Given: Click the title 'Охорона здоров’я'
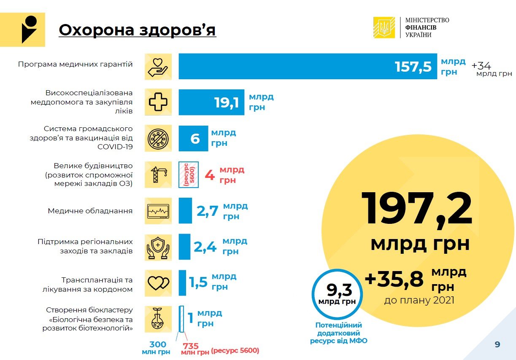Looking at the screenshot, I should pyautogui.click(x=137, y=30).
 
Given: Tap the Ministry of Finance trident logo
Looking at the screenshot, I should pyautogui.click(x=384, y=27).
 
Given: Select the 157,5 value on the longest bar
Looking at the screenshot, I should pyautogui.click(x=413, y=67).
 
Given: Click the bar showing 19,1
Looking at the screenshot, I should pyautogui.click(x=211, y=102).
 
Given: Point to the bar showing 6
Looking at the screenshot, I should pyautogui.click(x=193, y=138).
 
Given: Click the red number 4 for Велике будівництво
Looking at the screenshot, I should pyautogui.click(x=210, y=175).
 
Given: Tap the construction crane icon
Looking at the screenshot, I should pyautogui.click(x=158, y=175).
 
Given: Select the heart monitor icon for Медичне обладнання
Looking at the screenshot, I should pyautogui.click(x=158, y=211).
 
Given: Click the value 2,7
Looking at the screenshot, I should pyautogui.click(x=207, y=211).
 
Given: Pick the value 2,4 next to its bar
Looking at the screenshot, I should pyautogui.click(x=205, y=247).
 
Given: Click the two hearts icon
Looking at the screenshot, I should pyautogui.click(x=158, y=283).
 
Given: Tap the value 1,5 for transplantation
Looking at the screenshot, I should pyautogui.click(x=198, y=282).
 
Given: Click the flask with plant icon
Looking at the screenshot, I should pyautogui.click(x=158, y=320).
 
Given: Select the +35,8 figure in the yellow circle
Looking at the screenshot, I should pyautogui.click(x=394, y=279).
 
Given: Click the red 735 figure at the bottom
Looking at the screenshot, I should pyautogui.click(x=191, y=346).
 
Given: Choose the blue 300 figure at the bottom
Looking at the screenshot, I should pyautogui.click(x=158, y=344).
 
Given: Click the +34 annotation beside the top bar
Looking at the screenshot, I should pyautogui.click(x=481, y=66).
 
